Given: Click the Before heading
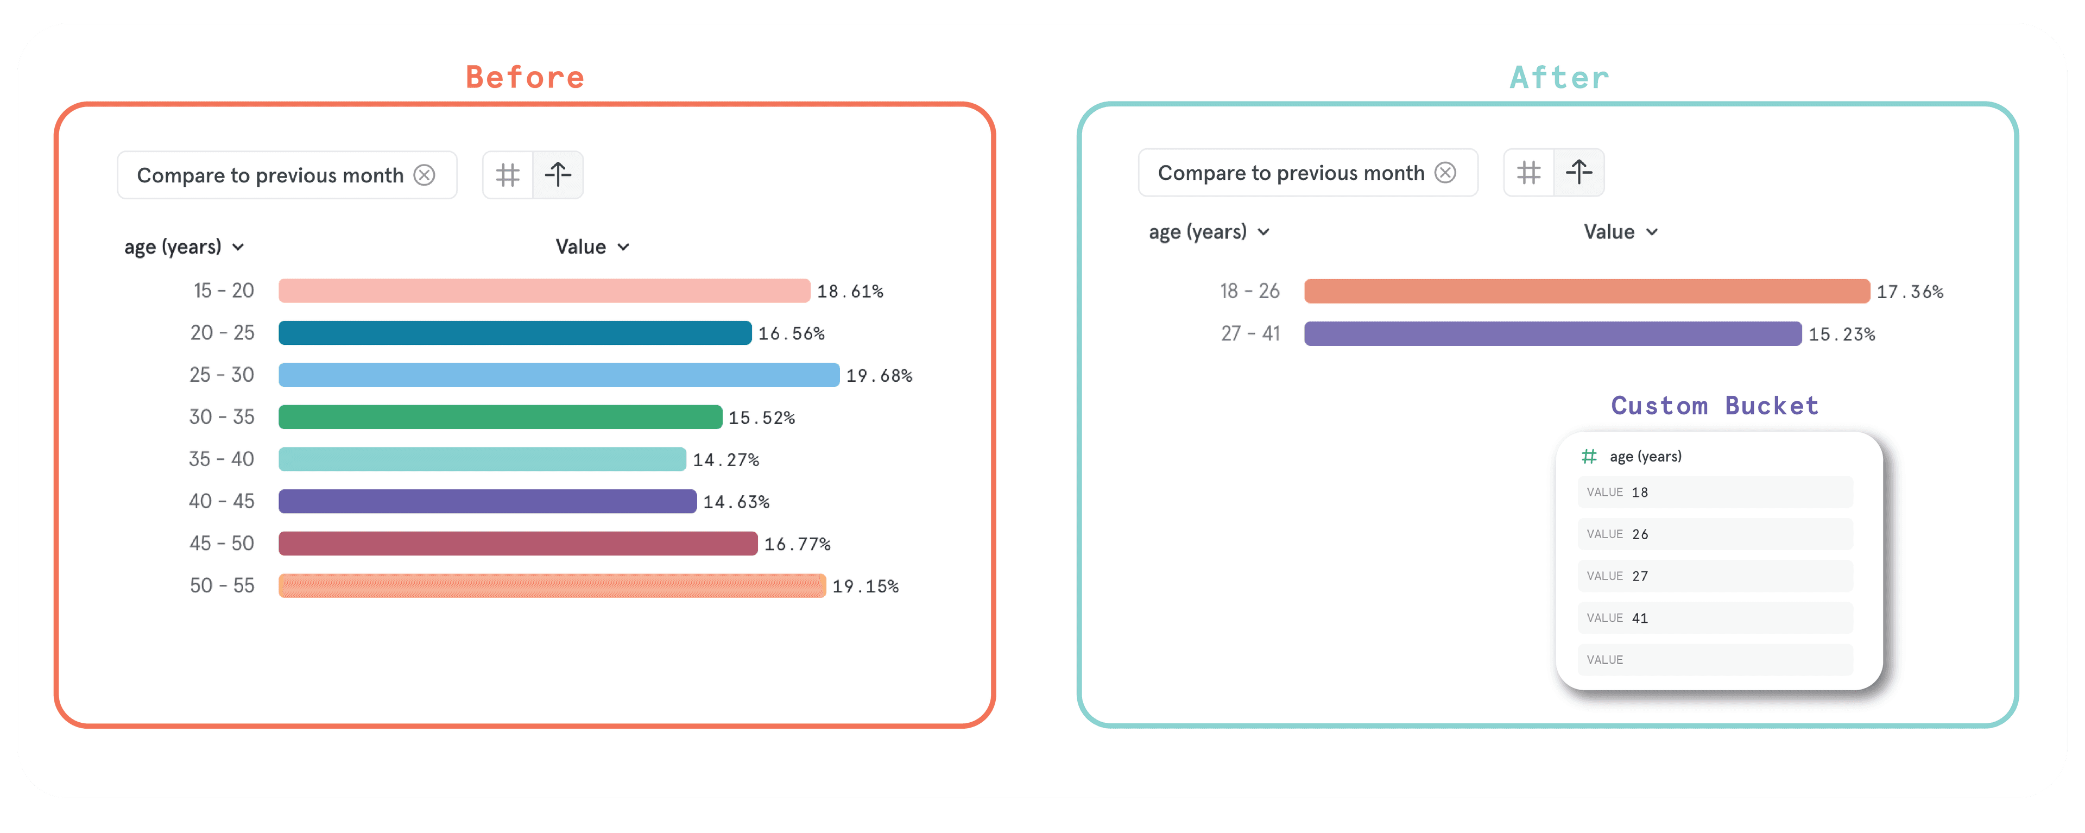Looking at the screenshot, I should point(525,78).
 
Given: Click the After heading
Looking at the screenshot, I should point(1559,78).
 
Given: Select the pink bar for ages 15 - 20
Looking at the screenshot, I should point(544,291).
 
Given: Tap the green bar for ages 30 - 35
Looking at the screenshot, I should point(500,417).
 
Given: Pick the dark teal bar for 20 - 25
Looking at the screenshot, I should point(515,333).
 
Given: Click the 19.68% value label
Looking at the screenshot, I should point(879,376).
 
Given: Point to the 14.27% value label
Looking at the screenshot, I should point(726,460).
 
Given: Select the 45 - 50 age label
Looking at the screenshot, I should point(222,543).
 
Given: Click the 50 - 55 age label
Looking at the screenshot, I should point(222,585).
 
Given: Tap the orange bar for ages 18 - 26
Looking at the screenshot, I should point(1587,292).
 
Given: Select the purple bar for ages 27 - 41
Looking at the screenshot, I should point(1552,333).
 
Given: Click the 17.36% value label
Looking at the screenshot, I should point(1910,292).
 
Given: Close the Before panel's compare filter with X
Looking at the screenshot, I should point(424,175).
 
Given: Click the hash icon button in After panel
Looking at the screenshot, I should point(1528,173).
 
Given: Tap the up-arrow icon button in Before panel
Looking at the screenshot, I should point(558,175).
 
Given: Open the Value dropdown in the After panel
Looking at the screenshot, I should point(1620,232).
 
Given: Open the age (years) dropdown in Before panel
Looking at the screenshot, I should point(184,247).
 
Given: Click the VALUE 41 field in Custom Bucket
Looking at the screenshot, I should point(1714,617).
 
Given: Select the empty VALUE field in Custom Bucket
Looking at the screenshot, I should point(1714,660).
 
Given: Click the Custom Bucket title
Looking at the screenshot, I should point(1714,406).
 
